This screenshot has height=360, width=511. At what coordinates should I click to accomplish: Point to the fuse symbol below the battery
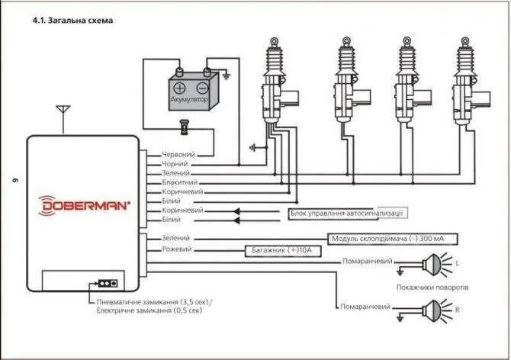[183, 126]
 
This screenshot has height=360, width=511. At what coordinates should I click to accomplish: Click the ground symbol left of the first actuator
[252, 146]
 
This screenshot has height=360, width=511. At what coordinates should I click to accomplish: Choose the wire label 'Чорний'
[176, 164]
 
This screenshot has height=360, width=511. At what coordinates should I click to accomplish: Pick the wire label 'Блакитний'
[181, 182]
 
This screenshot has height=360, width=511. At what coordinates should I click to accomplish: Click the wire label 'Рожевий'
[178, 249]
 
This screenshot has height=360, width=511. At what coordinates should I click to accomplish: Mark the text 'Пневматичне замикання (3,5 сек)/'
[149, 303]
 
